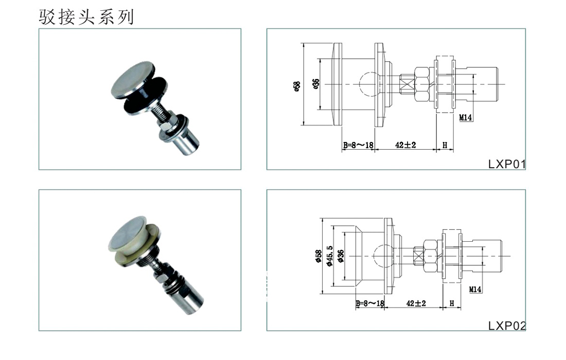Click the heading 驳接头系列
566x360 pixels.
[x=86, y=16]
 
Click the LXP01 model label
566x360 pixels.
[x=507, y=165]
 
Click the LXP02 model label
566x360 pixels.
[x=507, y=326]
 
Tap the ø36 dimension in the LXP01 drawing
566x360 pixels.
[x=316, y=84]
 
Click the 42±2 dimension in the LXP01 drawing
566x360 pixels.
[x=405, y=145]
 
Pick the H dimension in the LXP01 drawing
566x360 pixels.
[x=445, y=145]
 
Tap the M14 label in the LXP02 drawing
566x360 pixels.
[x=475, y=290]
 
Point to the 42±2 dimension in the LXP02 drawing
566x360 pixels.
[x=416, y=303]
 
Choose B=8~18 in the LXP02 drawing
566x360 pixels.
[x=370, y=303]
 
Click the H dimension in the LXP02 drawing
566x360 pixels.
[x=452, y=303]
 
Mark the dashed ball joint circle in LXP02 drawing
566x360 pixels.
[x=382, y=254]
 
